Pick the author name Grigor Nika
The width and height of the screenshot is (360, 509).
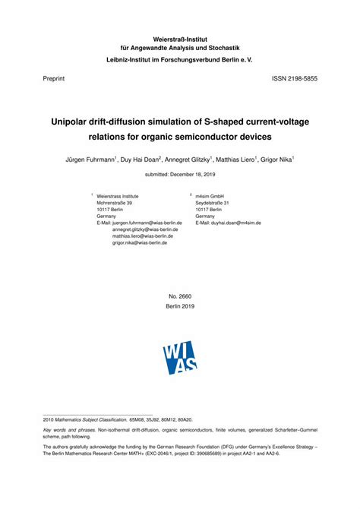tap(276, 160)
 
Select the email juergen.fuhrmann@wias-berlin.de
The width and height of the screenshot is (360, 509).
tap(147, 223)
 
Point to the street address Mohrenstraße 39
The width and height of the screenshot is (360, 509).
tap(115, 203)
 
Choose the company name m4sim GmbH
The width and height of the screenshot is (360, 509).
tap(210, 196)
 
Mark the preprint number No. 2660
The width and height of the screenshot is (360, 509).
tap(180, 296)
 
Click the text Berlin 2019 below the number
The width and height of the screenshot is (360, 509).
tap(180, 305)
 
